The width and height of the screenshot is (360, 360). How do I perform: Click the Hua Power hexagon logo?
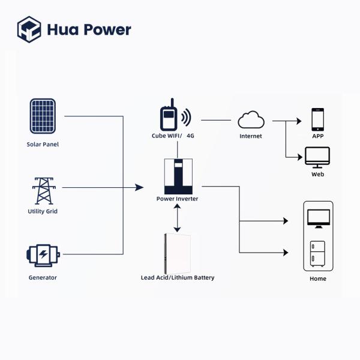[x=29, y=29]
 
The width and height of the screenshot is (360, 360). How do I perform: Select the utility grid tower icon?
[x=43, y=190]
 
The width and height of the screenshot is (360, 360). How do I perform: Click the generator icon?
[x=43, y=255]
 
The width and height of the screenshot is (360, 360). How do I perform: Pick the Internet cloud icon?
[x=251, y=120]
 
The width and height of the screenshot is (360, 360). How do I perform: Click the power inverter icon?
[x=177, y=175]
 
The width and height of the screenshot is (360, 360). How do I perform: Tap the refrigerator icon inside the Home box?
[x=317, y=253]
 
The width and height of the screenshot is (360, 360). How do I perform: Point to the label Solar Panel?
[x=43, y=145]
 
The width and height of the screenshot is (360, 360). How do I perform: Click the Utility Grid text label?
[x=43, y=211]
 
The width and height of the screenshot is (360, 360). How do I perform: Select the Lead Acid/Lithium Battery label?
[x=178, y=278]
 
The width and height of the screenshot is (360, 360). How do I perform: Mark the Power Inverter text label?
[x=177, y=199]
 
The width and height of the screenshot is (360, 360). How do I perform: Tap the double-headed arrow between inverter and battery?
[x=177, y=218]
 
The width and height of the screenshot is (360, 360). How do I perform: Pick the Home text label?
[x=317, y=279]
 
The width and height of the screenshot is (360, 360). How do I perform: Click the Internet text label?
[x=251, y=136]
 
